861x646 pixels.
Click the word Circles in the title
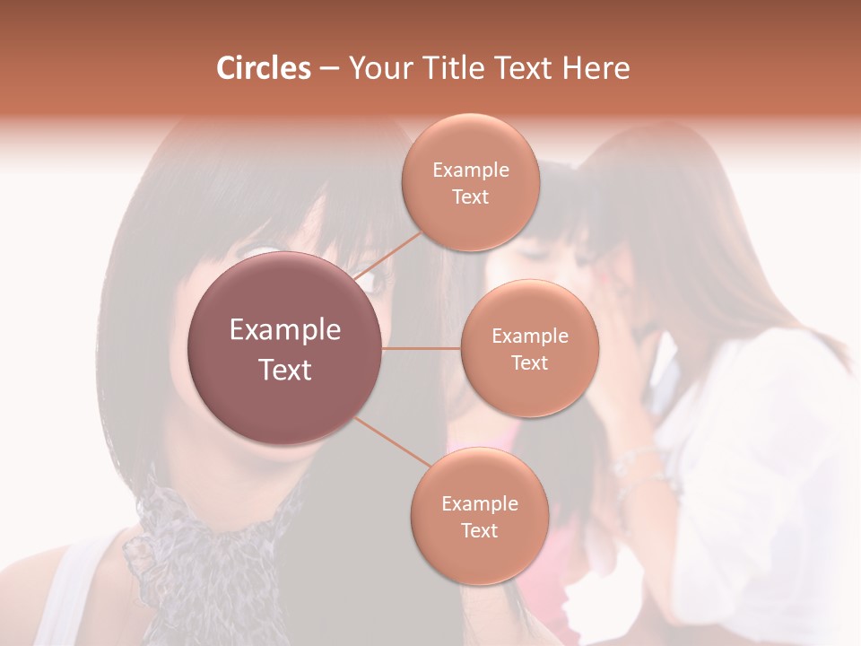(264, 68)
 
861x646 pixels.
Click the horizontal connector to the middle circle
(422, 348)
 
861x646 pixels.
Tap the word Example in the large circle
(284, 330)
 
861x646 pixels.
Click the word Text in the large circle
(284, 370)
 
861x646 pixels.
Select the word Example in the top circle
(470, 170)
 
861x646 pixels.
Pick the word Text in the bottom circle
(479, 530)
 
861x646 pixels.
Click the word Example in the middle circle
(529, 336)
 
